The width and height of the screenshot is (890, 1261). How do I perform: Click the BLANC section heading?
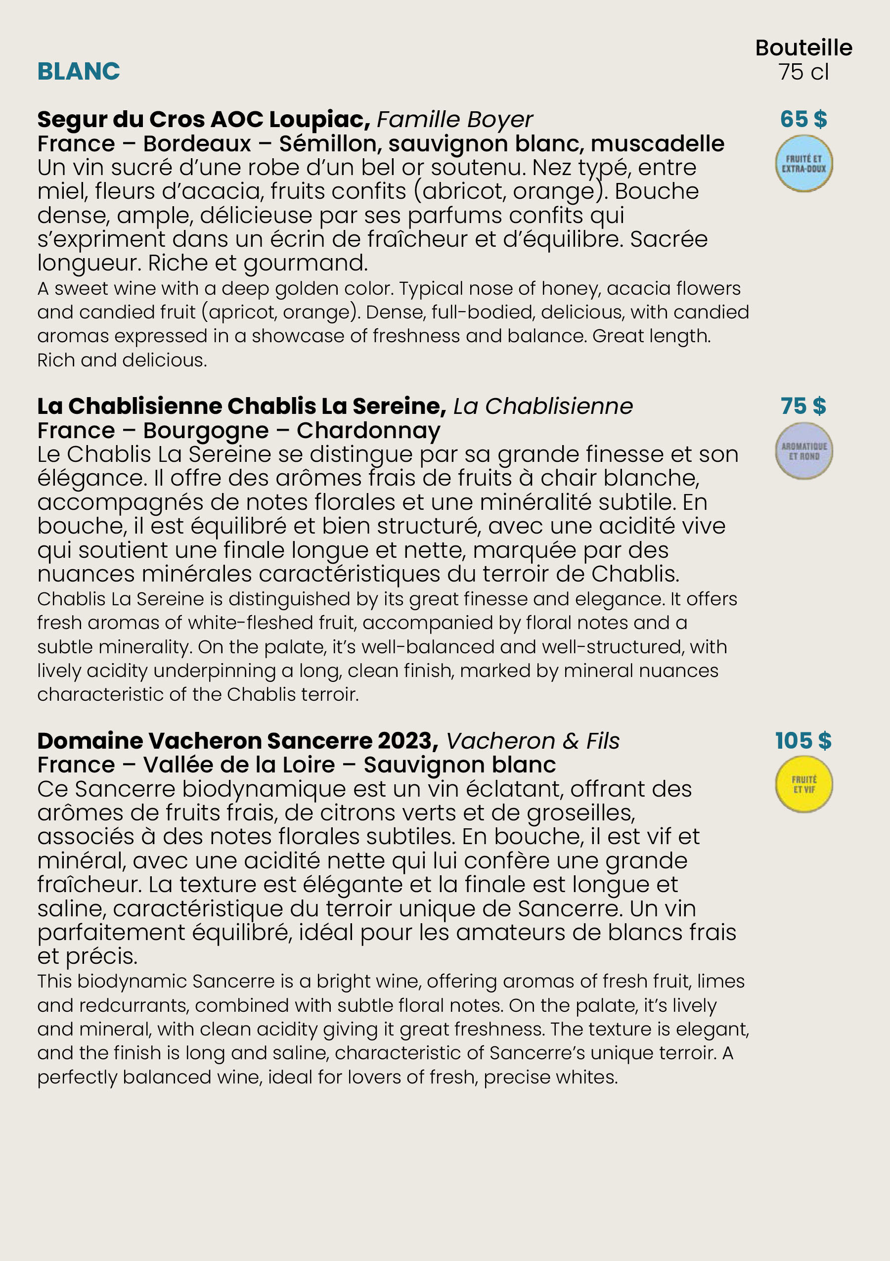(79, 71)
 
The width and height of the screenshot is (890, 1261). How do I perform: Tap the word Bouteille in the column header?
(803, 48)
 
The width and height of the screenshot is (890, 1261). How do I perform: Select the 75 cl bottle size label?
(803, 72)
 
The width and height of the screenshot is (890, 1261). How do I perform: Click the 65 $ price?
(803, 119)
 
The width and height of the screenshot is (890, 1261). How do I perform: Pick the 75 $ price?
(803, 406)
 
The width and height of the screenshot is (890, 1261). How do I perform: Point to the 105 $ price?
(803, 740)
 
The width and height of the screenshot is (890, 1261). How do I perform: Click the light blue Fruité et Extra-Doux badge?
(804, 164)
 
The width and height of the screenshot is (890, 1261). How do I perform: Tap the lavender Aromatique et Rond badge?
(804, 451)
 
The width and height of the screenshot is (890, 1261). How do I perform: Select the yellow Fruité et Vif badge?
(804, 784)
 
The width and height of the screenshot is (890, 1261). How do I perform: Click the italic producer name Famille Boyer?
(454, 120)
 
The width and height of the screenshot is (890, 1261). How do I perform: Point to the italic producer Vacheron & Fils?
(533, 741)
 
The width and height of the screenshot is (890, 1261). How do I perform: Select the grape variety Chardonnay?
(368, 431)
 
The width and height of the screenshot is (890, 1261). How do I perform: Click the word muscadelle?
(657, 144)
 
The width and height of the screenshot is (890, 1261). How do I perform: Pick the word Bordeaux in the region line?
(197, 144)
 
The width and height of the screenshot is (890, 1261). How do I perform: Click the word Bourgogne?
(206, 431)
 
